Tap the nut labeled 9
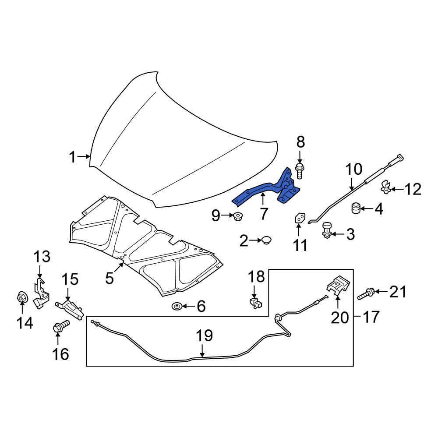(x=238, y=215)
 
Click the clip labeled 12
(x=385, y=187)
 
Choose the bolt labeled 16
(x=60, y=327)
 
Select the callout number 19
(x=204, y=336)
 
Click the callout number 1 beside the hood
(x=73, y=157)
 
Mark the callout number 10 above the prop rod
(x=354, y=169)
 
